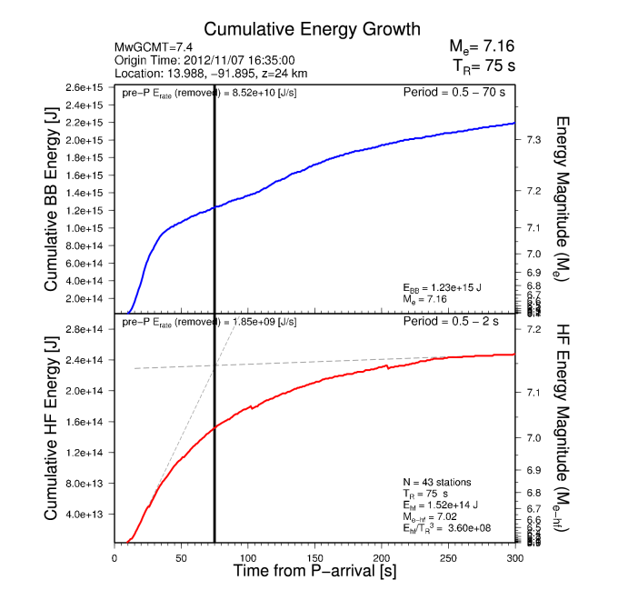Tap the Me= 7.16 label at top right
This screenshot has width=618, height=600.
[483, 46]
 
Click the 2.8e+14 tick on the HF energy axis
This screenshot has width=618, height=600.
[87, 329]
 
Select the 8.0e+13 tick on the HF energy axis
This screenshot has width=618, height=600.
[87, 483]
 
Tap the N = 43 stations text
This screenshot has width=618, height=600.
[436, 481]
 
